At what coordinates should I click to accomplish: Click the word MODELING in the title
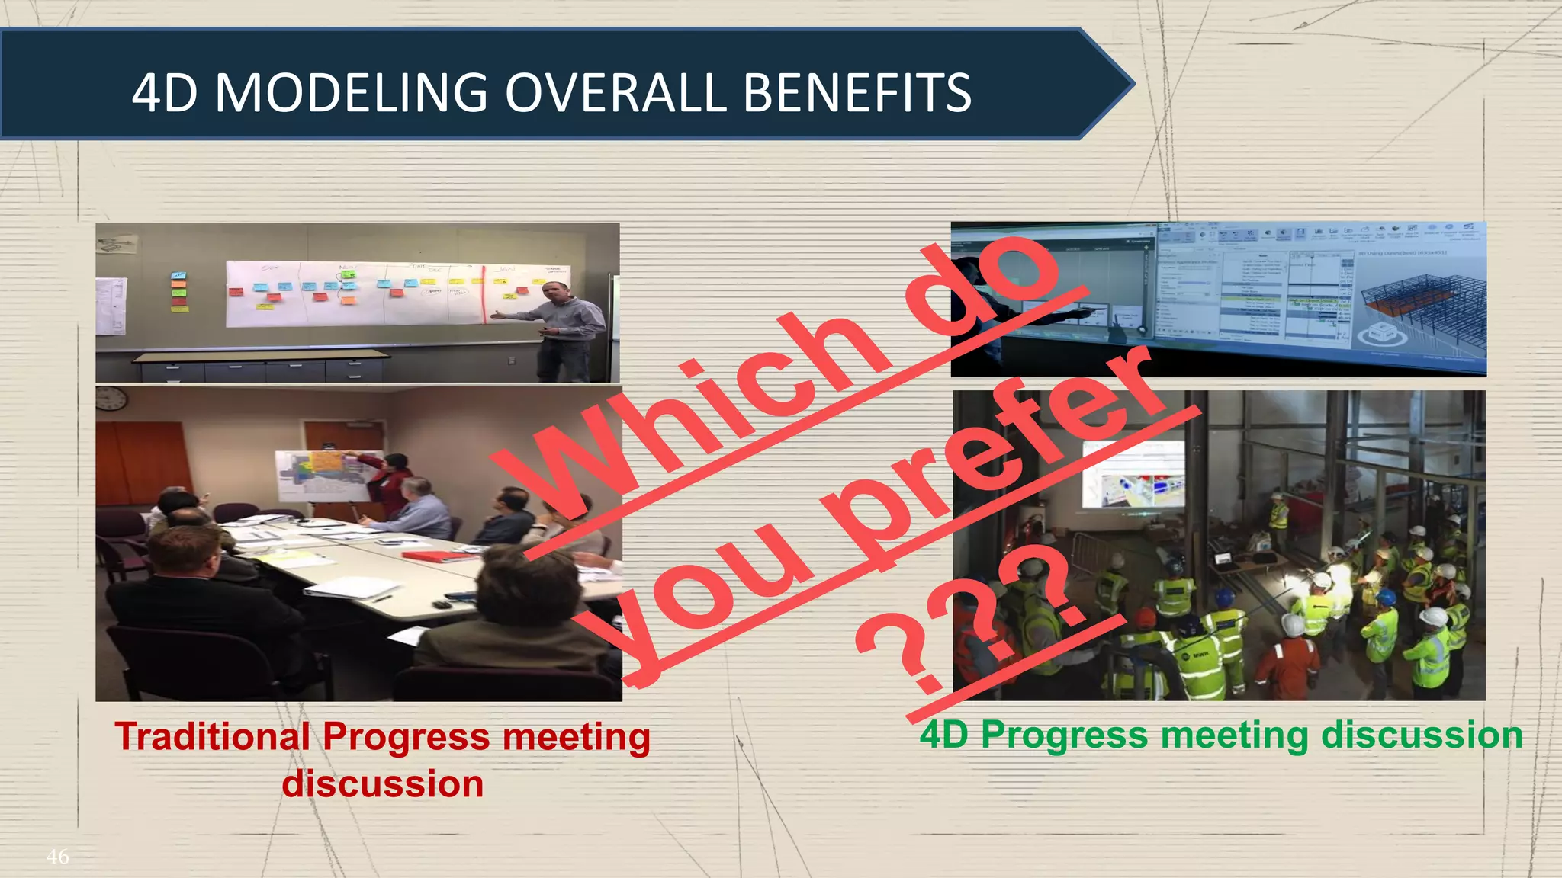351,93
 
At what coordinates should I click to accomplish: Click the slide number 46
57,857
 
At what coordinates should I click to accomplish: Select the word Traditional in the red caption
212,737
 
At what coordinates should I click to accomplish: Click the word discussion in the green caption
1422,735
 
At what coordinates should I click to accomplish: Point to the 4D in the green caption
944,735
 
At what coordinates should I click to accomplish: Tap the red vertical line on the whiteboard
484,294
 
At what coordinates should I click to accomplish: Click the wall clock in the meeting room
112,398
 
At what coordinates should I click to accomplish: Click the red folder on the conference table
427,556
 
